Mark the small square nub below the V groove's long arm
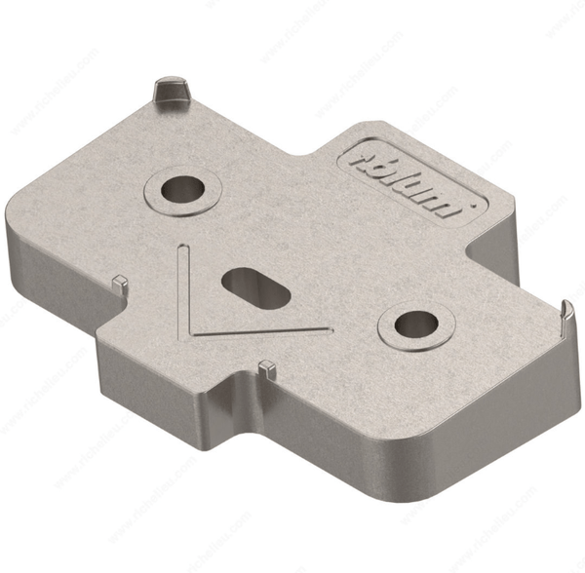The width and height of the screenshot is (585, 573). click(x=265, y=367)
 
